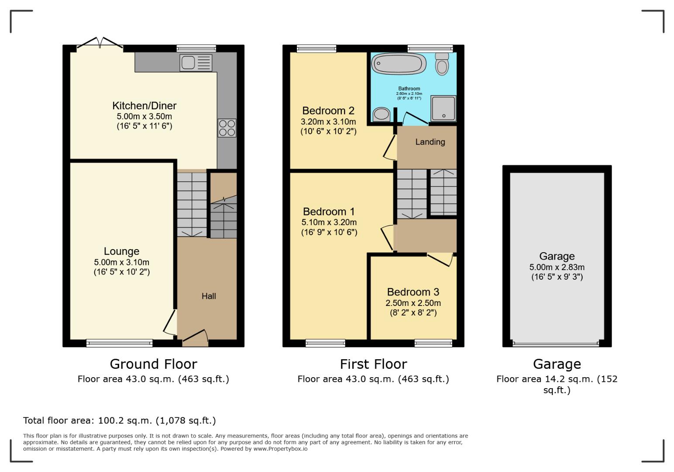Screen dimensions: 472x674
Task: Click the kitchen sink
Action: click(x=196, y=63)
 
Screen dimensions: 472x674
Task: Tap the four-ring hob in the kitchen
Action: click(x=227, y=128)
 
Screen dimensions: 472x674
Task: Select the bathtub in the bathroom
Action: click(x=398, y=64)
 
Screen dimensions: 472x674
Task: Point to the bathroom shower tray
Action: click(x=443, y=108)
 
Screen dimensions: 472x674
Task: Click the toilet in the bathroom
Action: click(x=442, y=65)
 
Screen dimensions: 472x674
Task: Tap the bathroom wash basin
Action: click(x=382, y=114)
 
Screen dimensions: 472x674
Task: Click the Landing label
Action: click(x=430, y=142)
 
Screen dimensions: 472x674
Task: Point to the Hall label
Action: click(x=209, y=296)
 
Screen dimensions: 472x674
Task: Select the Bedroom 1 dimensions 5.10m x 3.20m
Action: click(x=329, y=222)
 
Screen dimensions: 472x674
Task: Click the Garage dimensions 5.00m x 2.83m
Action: click(x=557, y=267)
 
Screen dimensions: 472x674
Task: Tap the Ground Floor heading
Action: click(x=153, y=364)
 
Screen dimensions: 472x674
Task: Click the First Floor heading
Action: click(x=373, y=364)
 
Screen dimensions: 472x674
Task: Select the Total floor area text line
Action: click(x=119, y=420)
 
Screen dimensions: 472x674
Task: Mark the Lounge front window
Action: click(x=119, y=343)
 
